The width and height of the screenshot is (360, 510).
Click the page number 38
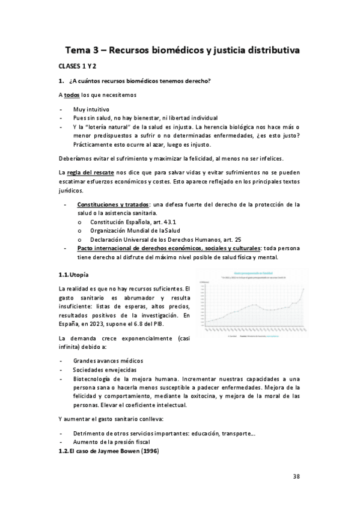click(296, 477)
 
